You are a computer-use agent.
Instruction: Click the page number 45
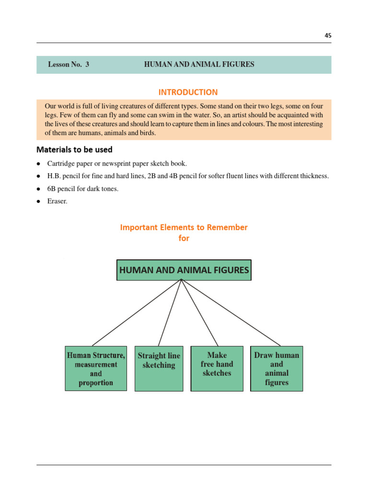pyautogui.click(x=327, y=35)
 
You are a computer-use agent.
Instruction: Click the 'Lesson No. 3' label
pyautogui.click(x=69, y=64)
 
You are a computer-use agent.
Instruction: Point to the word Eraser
pyautogui.click(x=57, y=201)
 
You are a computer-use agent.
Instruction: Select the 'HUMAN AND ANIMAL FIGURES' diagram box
pyautogui.click(x=184, y=270)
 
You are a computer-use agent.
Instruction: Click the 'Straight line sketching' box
pyautogui.click(x=159, y=368)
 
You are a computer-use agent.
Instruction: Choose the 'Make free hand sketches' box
pyautogui.click(x=217, y=368)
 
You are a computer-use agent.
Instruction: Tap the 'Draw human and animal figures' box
pyautogui.click(x=276, y=368)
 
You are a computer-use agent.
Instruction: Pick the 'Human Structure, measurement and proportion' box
pyautogui.click(x=96, y=368)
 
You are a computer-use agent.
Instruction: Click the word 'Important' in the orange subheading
pyautogui.click(x=138, y=227)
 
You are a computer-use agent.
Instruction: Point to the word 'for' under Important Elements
pyautogui.click(x=184, y=238)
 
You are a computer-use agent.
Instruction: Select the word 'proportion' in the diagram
pyautogui.click(x=96, y=383)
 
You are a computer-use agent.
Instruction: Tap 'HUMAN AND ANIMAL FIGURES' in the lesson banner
pyautogui.click(x=199, y=64)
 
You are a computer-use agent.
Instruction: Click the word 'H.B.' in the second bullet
pyautogui.click(x=54, y=176)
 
